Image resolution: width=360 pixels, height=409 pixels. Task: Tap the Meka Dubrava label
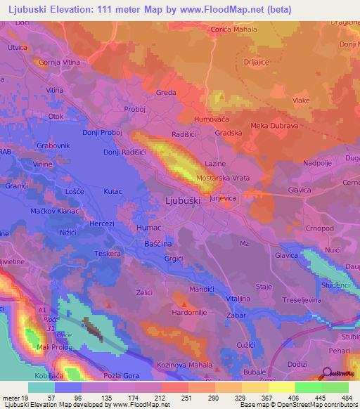click(x=255, y=126)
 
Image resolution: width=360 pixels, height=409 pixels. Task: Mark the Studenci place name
click(x=335, y=285)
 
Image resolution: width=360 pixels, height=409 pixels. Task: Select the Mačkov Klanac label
click(x=40, y=210)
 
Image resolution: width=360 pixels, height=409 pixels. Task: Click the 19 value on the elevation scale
click(x=25, y=398)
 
